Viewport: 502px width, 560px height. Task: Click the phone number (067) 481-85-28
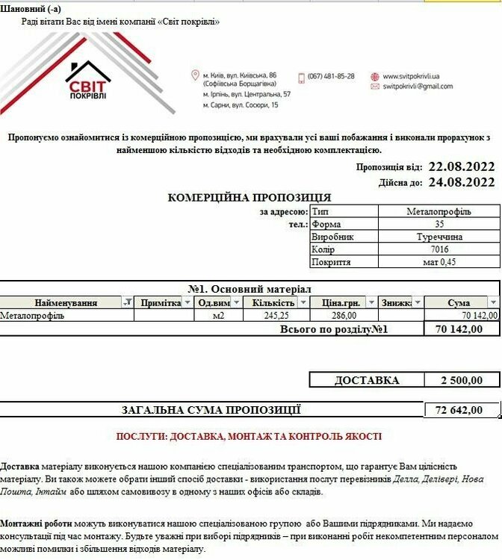coord(331,76)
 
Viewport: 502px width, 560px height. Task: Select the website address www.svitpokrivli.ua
coord(411,76)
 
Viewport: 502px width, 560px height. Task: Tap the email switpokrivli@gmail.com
coord(418,87)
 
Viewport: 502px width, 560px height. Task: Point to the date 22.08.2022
coord(461,167)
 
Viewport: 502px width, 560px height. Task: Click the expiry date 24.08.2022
coord(461,181)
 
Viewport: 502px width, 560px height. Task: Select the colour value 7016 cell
coord(439,249)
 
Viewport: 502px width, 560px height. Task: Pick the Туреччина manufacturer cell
coord(439,237)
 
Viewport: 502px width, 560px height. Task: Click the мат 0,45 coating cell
coord(439,262)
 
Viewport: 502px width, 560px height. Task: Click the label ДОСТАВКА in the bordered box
coord(367,380)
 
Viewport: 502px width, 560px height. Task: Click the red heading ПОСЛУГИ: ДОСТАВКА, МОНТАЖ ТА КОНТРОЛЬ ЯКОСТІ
coord(250,436)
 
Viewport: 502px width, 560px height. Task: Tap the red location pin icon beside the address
coord(195,76)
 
